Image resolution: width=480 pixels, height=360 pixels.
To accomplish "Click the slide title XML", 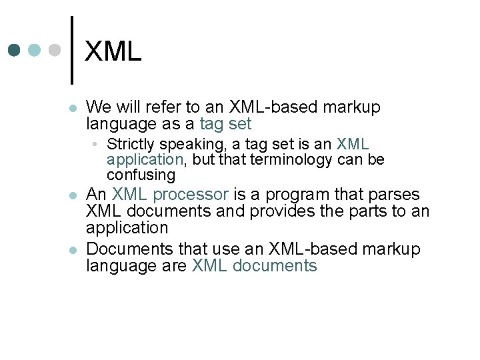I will (x=113, y=52).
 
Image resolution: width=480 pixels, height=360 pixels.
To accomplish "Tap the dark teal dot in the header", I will (x=15, y=50).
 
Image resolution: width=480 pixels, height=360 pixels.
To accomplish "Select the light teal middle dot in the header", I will (x=35, y=50).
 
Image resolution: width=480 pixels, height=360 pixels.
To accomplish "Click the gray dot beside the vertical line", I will (x=55, y=50).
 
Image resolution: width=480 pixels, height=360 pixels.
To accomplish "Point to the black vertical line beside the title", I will (x=71, y=49).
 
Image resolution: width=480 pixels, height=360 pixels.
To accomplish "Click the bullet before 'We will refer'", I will (x=73, y=108).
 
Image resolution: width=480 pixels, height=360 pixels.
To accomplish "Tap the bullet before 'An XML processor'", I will (x=73, y=196).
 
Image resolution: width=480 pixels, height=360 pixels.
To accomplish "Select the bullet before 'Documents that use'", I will (x=73, y=251).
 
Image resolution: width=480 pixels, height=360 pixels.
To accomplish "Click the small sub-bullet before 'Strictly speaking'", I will (x=97, y=145).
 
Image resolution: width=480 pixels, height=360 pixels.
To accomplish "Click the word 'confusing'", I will (x=141, y=175).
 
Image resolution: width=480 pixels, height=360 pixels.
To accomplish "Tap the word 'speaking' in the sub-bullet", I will (x=191, y=144).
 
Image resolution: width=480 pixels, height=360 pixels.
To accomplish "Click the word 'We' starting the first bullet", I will (x=99, y=107).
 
